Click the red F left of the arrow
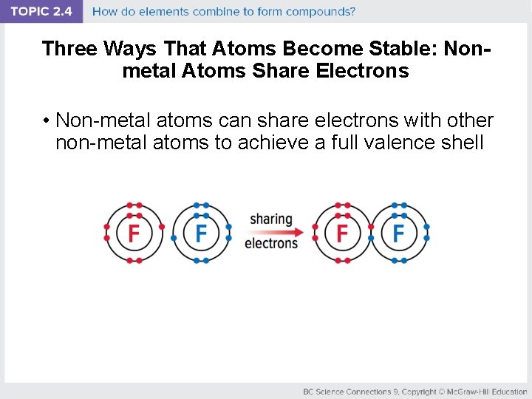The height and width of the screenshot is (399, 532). pos(134,233)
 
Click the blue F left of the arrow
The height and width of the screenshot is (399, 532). pos(201,233)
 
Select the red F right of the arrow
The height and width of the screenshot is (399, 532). pos(342,233)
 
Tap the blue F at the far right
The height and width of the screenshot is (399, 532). pos(399,233)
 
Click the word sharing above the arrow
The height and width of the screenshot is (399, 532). pos(271,219)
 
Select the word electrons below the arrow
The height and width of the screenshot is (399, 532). pos(271,244)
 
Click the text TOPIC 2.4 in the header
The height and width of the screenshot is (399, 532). pos(41,12)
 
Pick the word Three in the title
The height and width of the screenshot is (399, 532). pos(70,49)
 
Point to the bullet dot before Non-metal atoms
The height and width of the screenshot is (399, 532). pos(46,120)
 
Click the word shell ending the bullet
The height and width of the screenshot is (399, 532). pos(462,142)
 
